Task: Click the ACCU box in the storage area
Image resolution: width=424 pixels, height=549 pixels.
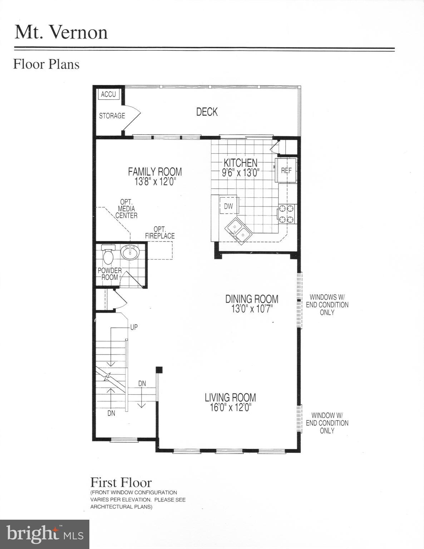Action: point(108,94)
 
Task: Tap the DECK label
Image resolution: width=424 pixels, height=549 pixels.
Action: point(207,112)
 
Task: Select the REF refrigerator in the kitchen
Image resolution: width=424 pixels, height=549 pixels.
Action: point(286,170)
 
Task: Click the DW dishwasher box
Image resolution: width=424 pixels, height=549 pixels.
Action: point(228,206)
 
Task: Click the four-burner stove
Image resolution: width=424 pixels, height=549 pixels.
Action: point(288,213)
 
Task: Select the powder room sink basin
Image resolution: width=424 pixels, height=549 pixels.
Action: point(129,253)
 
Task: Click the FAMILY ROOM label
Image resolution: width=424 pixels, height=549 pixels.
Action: point(155,172)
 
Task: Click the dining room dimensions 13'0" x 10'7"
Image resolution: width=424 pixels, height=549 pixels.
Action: point(252,309)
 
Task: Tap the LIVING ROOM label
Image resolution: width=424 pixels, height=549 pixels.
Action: point(230,397)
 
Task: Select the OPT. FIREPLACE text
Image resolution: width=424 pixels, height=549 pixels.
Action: point(160,232)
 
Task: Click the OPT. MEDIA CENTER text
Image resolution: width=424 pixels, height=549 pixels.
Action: point(126,209)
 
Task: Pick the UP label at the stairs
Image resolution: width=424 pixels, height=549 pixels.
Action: point(134,327)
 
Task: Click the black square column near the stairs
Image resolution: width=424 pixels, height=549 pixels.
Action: point(159,370)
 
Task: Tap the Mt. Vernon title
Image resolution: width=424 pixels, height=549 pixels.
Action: point(61,32)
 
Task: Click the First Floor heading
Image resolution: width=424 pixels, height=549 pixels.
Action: point(121,483)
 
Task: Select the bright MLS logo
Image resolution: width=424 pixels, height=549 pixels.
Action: point(45,534)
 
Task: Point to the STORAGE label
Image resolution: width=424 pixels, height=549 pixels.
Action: point(112,116)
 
